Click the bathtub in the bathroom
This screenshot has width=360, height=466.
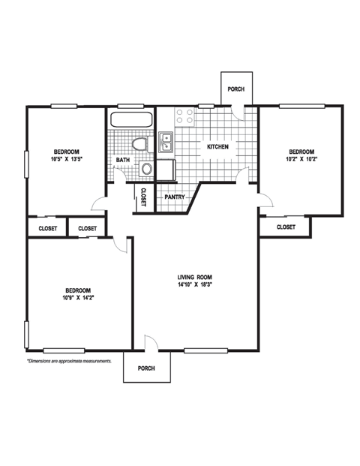[131, 119]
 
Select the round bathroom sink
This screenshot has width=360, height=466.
[146, 169]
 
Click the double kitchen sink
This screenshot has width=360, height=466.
[166, 141]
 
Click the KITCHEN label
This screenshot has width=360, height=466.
[217, 146]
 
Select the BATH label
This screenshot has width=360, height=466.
[121, 160]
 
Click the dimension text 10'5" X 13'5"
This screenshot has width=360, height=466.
[66, 159]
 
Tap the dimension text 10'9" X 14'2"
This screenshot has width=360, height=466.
[77, 299]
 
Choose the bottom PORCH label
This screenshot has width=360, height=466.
[146, 368]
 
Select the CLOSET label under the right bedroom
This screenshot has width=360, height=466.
[286, 227]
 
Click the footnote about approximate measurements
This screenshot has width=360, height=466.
[69, 361]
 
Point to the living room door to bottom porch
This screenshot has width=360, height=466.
[150, 342]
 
